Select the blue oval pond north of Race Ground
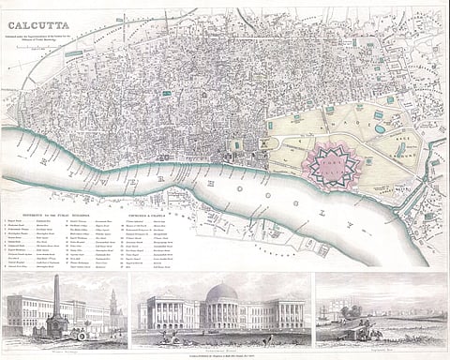tap(379, 128)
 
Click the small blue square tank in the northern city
tap(166, 93)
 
